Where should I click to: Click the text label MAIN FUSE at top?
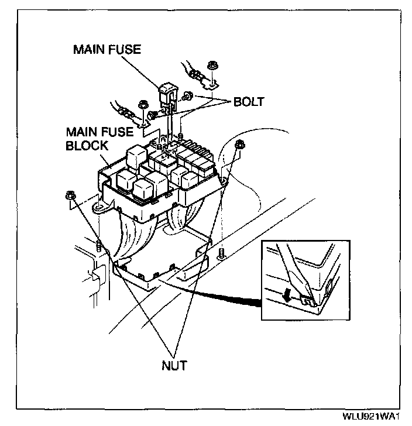[107, 49]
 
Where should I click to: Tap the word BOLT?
[249, 101]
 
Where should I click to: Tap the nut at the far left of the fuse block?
[71, 196]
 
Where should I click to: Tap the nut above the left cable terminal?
[141, 106]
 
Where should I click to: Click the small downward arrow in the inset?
[286, 297]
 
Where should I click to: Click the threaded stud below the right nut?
[221, 254]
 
